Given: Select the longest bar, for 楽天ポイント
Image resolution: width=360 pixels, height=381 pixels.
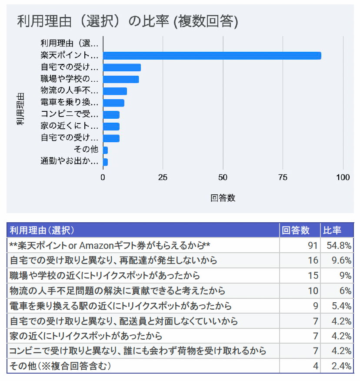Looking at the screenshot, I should [212, 56].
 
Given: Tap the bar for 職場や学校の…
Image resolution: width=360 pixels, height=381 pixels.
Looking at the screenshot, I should [121, 79].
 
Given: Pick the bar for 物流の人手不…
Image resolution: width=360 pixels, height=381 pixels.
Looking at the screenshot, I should [115, 91].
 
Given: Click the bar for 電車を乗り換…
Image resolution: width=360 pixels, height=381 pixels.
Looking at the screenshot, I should [113, 103].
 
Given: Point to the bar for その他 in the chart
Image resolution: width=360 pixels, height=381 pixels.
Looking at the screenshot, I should [105, 150].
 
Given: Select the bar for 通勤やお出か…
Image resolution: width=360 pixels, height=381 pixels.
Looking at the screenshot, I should [105, 162].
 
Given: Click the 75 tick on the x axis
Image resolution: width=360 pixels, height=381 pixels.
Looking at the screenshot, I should [283, 177].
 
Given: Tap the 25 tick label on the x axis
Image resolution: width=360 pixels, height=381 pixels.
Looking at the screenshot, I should [163, 177].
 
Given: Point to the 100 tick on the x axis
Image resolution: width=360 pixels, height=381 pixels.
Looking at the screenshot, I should [343, 177].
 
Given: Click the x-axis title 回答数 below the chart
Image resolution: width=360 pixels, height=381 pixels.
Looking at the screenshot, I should [223, 198].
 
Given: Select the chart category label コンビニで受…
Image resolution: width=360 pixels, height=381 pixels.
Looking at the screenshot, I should [70, 114].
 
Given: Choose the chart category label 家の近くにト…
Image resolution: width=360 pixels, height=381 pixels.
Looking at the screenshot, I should [70, 126].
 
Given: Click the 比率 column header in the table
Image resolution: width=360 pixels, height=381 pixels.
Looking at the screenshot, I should [332, 230].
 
